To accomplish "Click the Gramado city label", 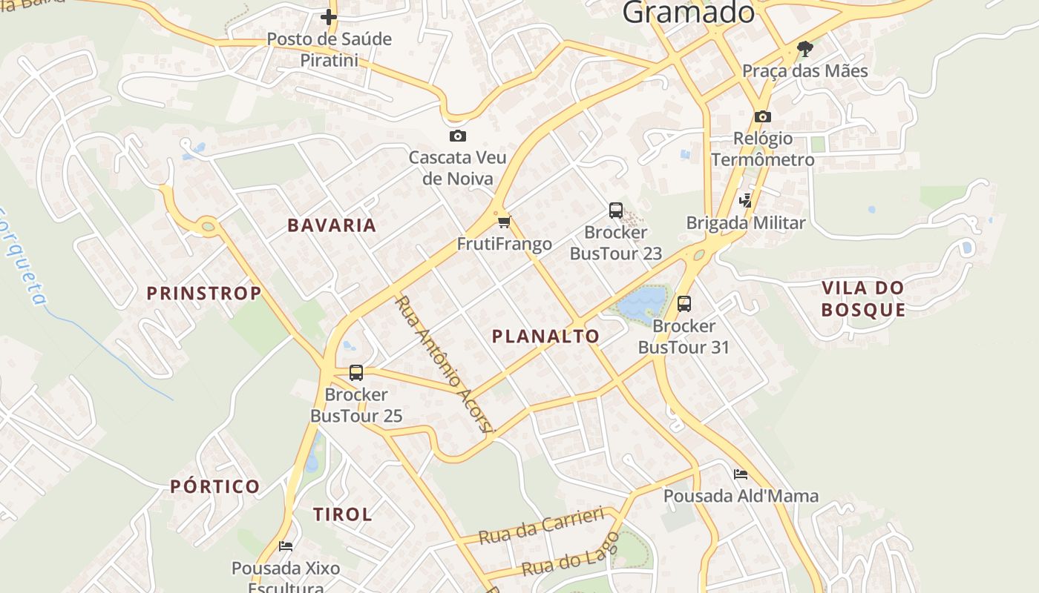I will click(688, 12).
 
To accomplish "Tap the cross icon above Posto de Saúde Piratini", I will click(329, 17).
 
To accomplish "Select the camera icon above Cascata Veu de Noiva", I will click(458, 136).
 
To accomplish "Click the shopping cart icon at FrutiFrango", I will click(505, 222).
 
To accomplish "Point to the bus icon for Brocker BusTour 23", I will click(616, 210).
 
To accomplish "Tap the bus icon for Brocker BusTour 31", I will click(684, 303).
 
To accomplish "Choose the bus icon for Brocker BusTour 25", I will click(356, 372).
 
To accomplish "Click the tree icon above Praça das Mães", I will click(804, 50).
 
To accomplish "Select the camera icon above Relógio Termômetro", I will click(762, 116).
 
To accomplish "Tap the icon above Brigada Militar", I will click(746, 200).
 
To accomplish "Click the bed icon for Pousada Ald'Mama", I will click(740, 474).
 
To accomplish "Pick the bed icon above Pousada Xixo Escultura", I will click(286, 546).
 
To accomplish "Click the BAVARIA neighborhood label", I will click(332, 225).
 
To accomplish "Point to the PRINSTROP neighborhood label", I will click(204, 294).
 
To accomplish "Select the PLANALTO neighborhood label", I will click(545, 337).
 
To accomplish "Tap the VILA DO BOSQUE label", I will click(864, 299).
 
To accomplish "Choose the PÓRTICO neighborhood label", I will click(215, 487).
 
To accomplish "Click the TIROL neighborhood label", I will click(342, 514).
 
